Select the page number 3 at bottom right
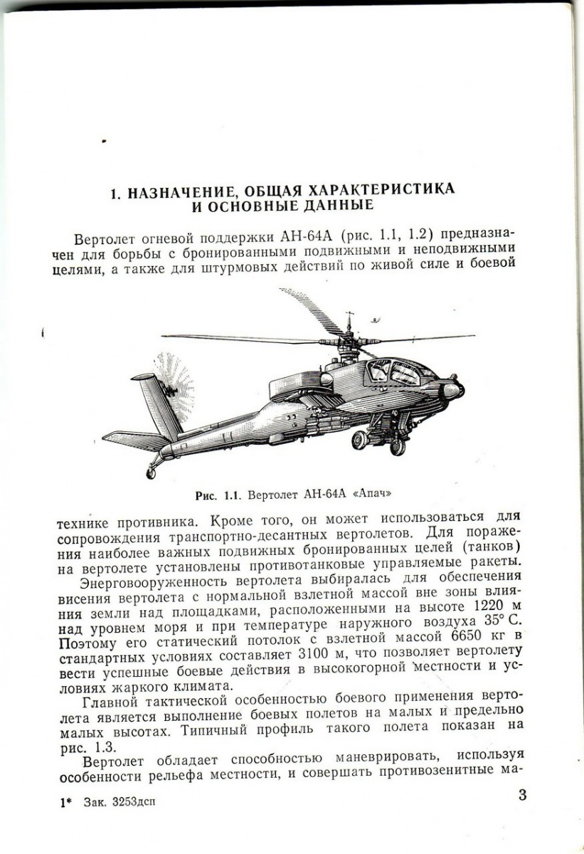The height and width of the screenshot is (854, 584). [x=522, y=795]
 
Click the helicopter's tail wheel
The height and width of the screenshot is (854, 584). [x=151, y=471]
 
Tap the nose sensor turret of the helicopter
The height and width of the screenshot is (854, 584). [x=450, y=390]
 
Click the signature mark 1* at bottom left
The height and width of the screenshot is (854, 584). [x=66, y=801]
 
